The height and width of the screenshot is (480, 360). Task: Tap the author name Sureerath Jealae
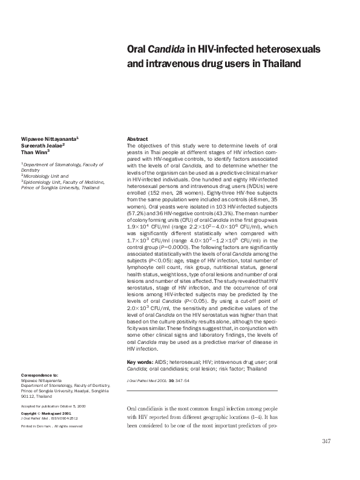[44, 146]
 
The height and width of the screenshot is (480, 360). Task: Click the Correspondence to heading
[39, 375]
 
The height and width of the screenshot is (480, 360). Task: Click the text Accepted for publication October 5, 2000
[53, 406]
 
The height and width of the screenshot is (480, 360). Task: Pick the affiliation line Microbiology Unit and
[47, 175]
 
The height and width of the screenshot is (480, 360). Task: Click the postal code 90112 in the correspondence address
[28, 397]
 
